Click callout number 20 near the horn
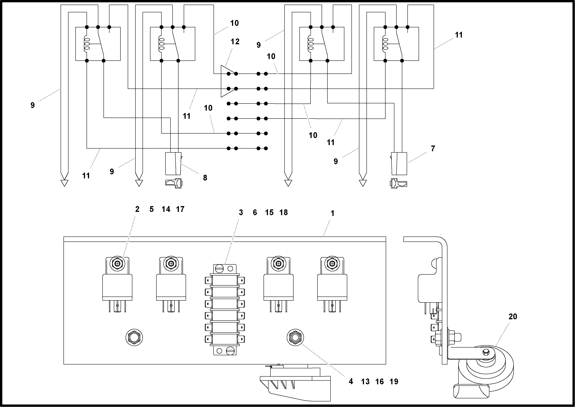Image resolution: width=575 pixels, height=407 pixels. tap(513, 317)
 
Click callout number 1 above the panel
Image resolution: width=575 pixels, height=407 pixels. tap(332, 213)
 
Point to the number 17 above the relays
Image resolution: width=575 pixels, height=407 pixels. tap(180, 209)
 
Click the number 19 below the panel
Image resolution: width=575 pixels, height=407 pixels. tap(394, 382)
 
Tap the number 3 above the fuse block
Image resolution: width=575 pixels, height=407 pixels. tap(241, 212)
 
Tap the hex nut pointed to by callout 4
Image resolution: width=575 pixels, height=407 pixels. tap(295, 338)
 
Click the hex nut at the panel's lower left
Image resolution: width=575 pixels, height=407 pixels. tap(134, 338)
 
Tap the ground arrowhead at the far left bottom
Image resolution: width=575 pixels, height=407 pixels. tap(64, 183)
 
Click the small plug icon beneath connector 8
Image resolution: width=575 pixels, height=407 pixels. tap(173, 183)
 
